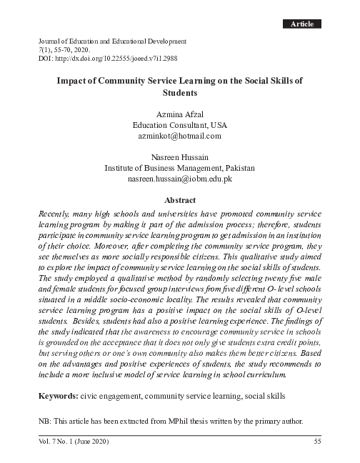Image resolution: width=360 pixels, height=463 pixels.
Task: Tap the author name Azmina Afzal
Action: tap(179, 113)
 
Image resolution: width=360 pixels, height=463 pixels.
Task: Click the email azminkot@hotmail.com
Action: tap(179, 135)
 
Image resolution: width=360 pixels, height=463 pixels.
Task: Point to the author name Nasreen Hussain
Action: tap(179, 157)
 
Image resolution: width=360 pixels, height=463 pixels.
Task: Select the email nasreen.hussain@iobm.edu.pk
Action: tap(179, 179)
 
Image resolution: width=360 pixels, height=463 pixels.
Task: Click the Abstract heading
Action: tap(179, 201)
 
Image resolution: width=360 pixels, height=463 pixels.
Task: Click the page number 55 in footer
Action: tap(318, 441)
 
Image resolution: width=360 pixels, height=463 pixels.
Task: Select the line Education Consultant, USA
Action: tap(179, 124)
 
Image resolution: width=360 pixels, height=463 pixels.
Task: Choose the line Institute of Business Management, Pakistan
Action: tap(179, 169)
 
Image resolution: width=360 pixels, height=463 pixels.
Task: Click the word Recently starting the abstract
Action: tap(55, 214)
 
